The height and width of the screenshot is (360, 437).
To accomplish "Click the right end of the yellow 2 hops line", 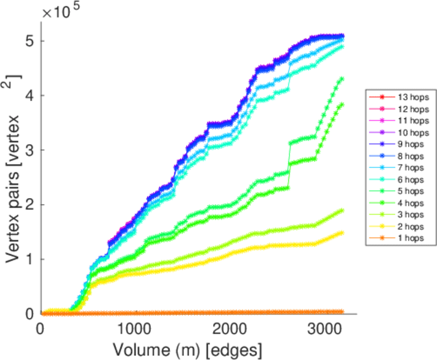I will coord(342,232).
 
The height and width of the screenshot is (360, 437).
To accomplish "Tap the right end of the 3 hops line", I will coord(342,210).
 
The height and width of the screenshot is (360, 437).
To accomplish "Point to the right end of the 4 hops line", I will coord(342,104).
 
